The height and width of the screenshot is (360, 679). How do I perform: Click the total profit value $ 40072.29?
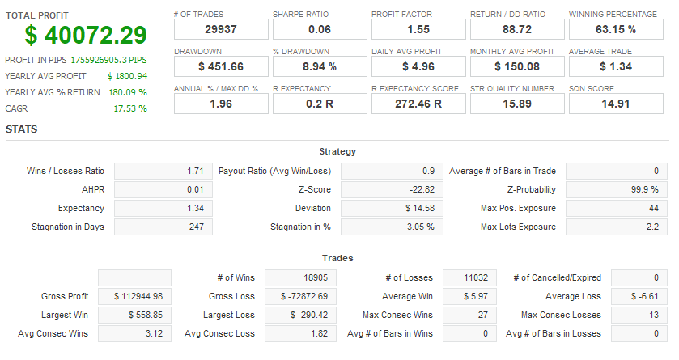point(86,36)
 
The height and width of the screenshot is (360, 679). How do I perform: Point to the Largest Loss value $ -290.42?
point(298,315)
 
